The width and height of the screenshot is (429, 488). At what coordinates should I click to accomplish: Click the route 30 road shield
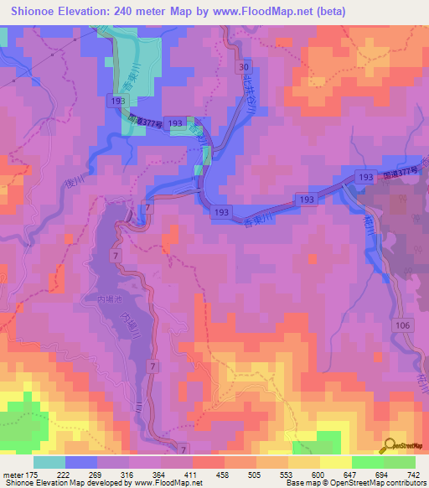pyautogui.click(x=243, y=66)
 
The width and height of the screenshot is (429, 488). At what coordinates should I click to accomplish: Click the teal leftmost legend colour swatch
pyautogui.click(x=49, y=462)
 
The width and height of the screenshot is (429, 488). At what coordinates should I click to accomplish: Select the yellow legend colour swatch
pyautogui.click(x=335, y=462)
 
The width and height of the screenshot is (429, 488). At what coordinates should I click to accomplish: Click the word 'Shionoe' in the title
pyautogui.click(x=40, y=13)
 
